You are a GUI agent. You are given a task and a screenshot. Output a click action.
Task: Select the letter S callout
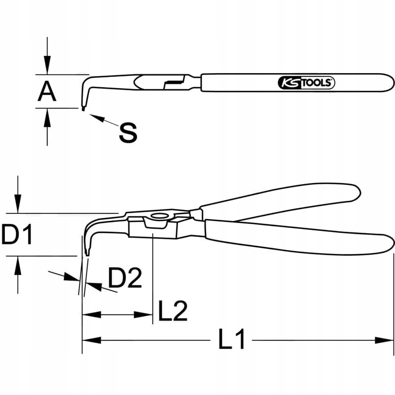[128, 132]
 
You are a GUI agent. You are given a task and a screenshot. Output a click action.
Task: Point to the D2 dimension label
[125, 278]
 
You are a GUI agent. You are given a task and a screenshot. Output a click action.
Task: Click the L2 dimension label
[172, 311]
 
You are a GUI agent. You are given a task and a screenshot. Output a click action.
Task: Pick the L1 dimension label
[232, 340]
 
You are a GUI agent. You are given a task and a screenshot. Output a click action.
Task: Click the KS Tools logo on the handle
[307, 83]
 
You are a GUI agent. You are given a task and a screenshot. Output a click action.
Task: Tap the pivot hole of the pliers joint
[159, 216]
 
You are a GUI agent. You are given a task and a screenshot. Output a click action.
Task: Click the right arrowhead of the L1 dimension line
[388, 340]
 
